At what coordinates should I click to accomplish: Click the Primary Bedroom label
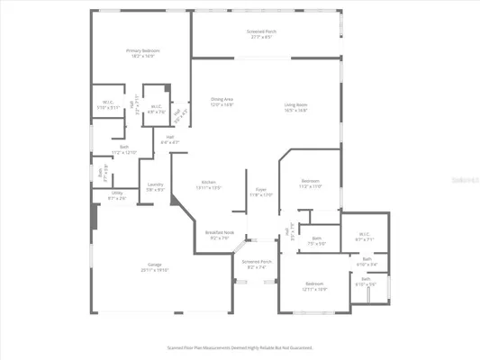point(143,50)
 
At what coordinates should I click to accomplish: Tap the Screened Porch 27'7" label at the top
point(262,31)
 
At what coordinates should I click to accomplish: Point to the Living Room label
point(296,104)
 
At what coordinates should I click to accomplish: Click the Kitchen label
point(208,181)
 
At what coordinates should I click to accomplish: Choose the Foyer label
point(261,188)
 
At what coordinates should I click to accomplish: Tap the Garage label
point(155,264)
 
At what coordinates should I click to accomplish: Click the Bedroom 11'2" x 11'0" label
point(310,182)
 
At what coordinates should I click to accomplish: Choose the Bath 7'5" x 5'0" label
point(317,238)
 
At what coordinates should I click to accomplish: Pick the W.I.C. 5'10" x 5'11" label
point(107,103)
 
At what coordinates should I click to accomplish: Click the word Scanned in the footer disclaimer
point(177,346)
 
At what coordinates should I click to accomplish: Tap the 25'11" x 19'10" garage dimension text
point(155,270)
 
